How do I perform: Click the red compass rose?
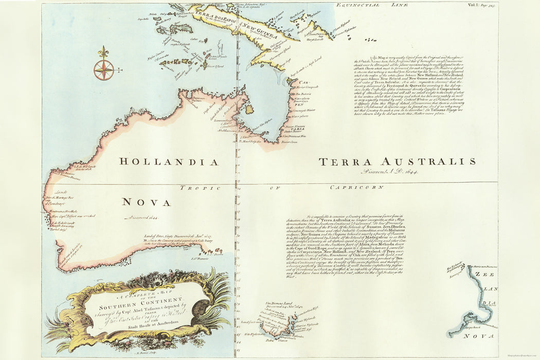click(x=104, y=69)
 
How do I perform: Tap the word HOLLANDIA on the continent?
click(x=169, y=162)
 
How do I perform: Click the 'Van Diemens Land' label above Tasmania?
click(x=280, y=304)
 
